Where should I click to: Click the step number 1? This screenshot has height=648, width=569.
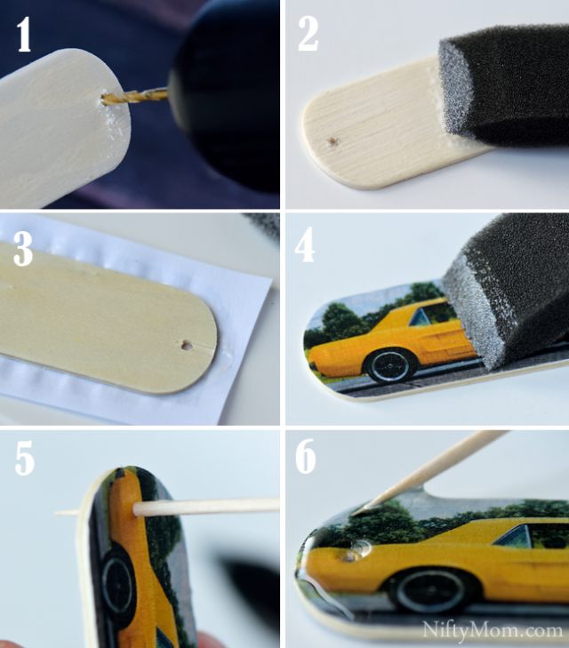[x=23, y=37]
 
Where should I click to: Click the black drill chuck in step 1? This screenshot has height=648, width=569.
[x=227, y=89]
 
